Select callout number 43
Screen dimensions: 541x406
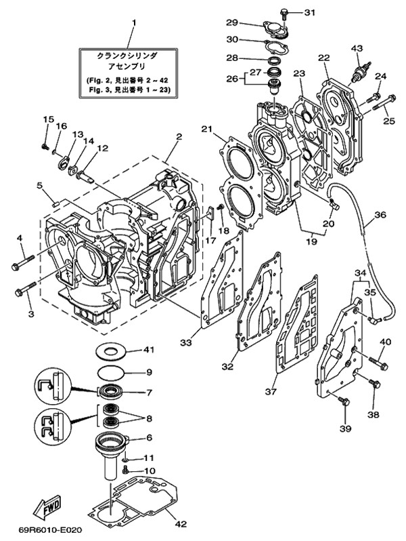(x=357, y=47)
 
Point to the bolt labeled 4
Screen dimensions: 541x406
(x=22, y=260)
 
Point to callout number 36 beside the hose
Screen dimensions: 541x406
(x=380, y=215)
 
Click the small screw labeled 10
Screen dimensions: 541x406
(x=126, y=469)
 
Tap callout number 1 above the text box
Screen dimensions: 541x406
(x=133, y=22)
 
